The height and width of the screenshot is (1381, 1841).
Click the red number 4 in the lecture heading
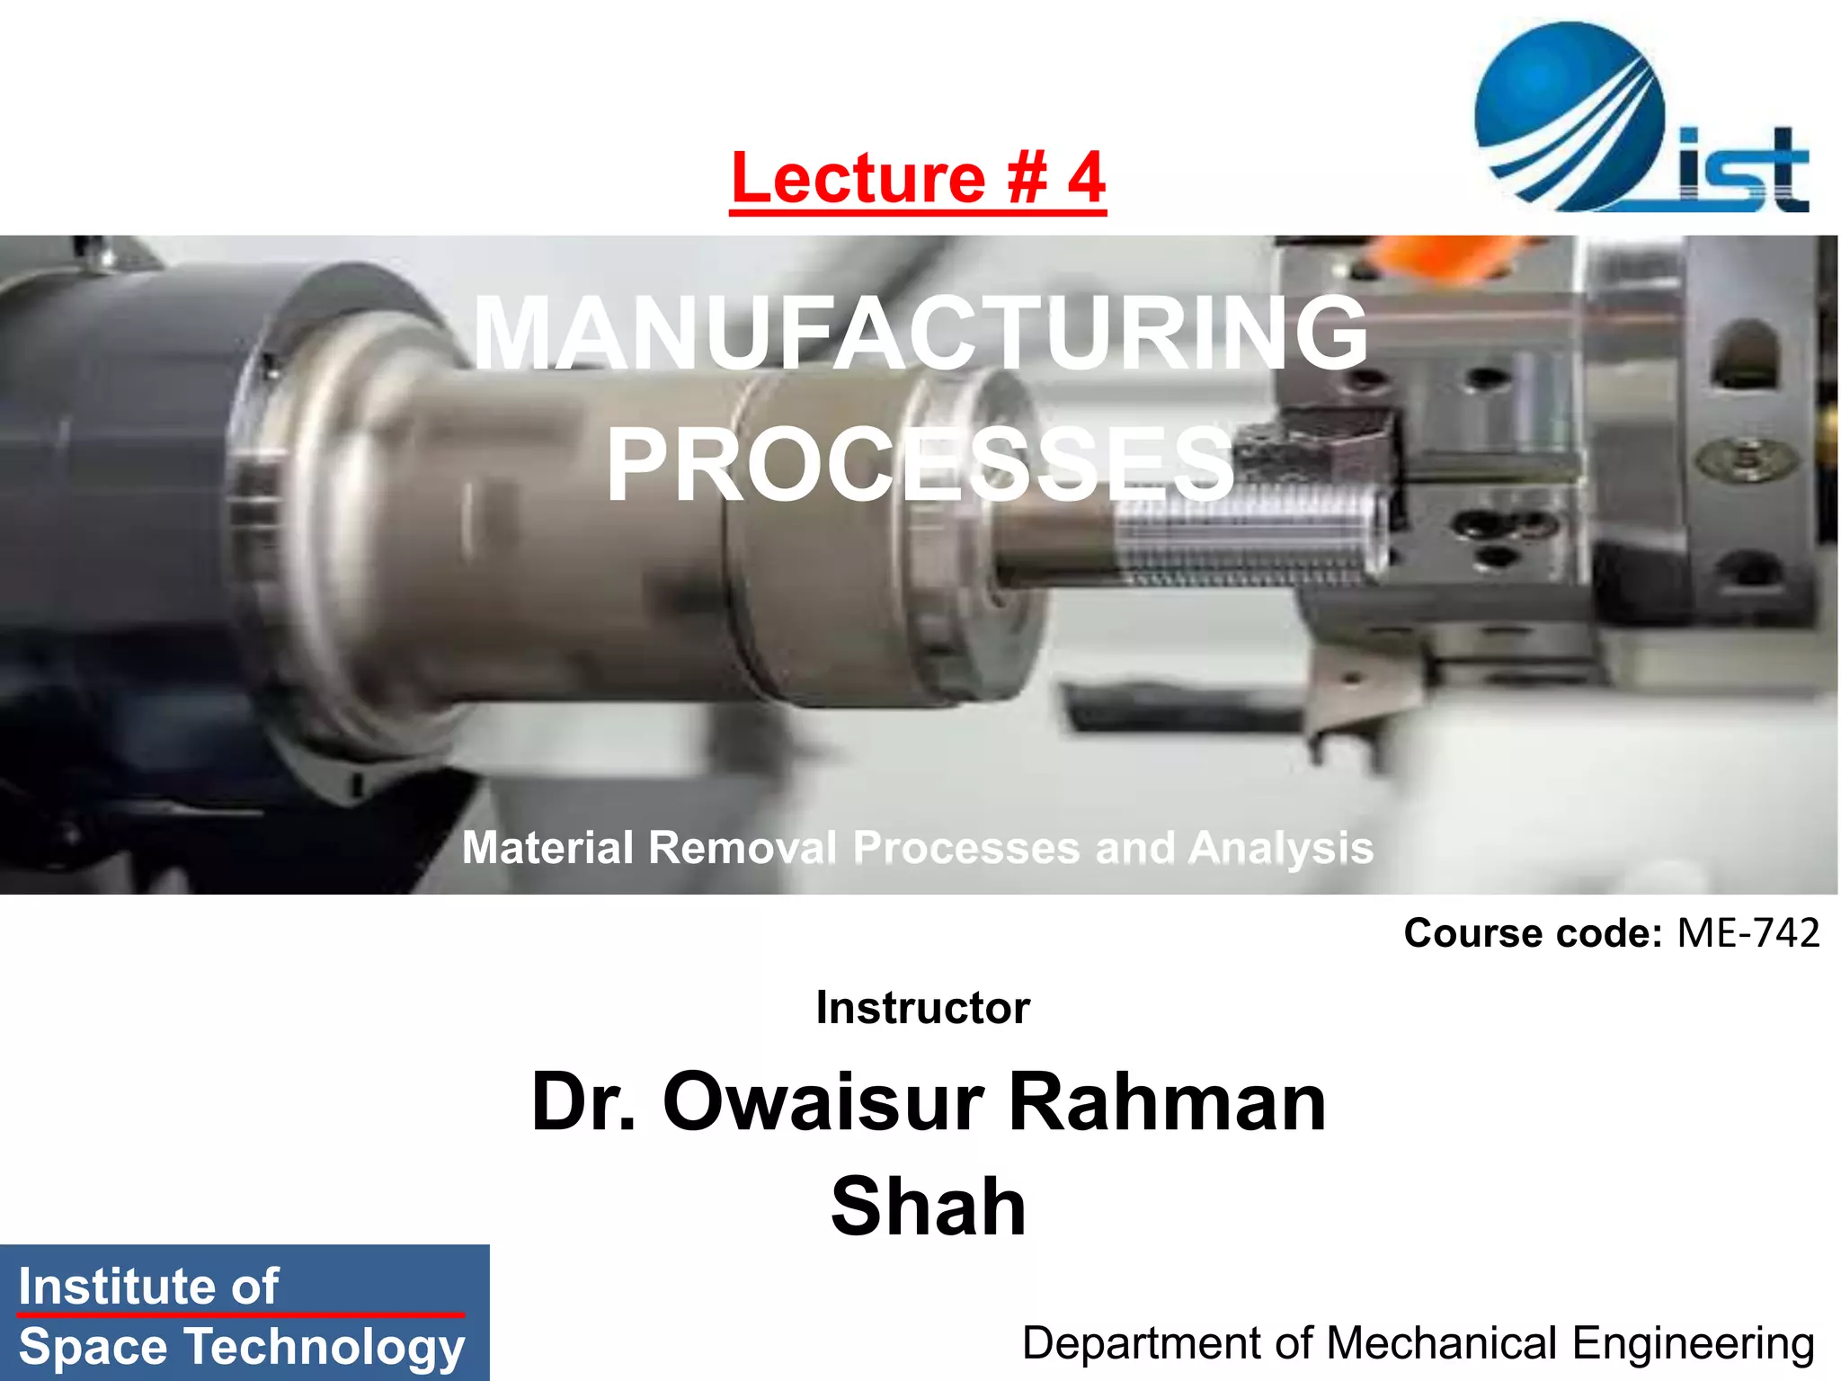tap(1086, 178)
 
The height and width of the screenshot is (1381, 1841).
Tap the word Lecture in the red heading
tap(858, 178)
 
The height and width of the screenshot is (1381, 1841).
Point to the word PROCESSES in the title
tap(919, 465)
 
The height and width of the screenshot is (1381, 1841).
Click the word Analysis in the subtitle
tap(1281, 848)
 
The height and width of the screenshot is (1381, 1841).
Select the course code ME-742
tap(1748, 933)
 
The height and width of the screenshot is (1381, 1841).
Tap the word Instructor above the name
tap(922, 1008)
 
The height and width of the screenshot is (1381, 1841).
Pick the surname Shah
tap(928, 1207)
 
